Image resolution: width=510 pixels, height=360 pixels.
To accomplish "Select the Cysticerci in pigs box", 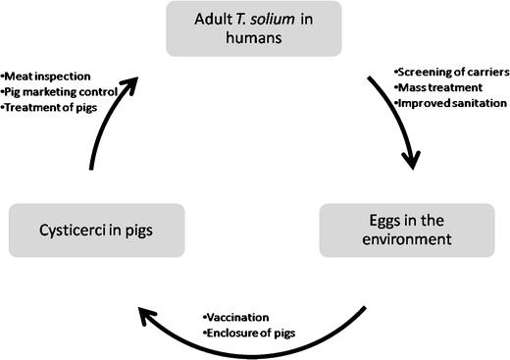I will [96, 231].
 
